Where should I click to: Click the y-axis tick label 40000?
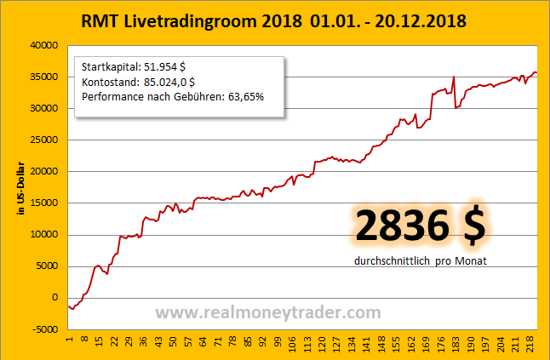(x=44, y=45)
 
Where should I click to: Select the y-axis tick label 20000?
(x=44, y=171)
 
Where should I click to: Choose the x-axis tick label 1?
(x=69, y=342)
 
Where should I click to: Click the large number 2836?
(x=402, y=226)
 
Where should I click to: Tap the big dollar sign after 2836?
(x=473, y=226)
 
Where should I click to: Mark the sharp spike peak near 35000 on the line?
(x=455, y=77)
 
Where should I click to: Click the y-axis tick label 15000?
(x=44, y=203)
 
